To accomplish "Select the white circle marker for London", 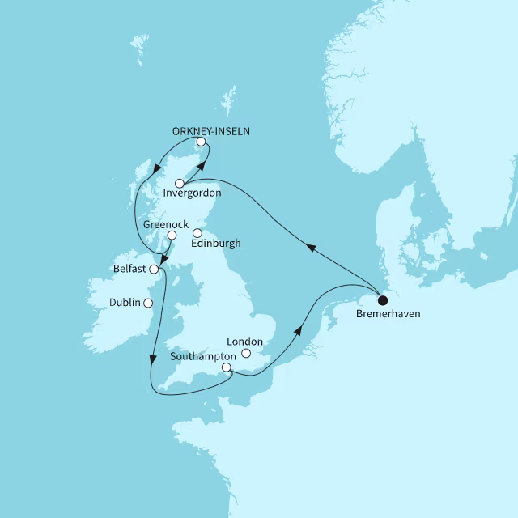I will [257, 354].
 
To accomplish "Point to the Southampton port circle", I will [227, 368].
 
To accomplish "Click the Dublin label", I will [124, 303].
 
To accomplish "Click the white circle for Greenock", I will [172, 236].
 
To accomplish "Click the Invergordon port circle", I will [180, 184].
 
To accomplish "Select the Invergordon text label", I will [192, 194].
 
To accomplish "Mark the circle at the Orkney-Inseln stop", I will [200, 143].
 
